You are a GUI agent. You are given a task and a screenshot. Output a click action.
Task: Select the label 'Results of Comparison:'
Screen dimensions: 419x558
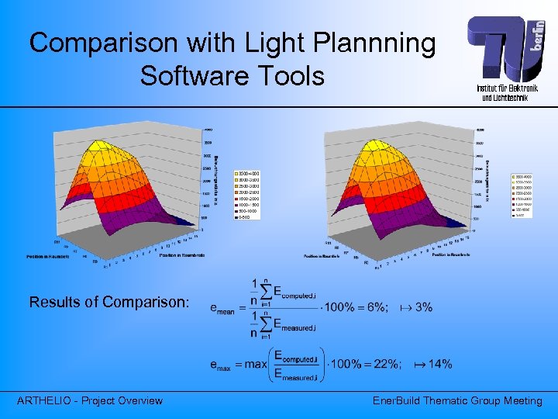coord(108,302)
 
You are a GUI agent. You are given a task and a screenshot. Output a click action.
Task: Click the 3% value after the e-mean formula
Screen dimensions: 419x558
coord(423,307)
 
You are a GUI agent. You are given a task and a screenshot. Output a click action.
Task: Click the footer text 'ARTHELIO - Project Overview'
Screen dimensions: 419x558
coord(90,400)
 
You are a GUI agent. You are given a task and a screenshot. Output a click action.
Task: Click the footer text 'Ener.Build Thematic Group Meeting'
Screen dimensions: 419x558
coord(457,400)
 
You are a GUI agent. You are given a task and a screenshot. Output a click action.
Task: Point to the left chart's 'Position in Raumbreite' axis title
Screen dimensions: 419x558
coord(183,254)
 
